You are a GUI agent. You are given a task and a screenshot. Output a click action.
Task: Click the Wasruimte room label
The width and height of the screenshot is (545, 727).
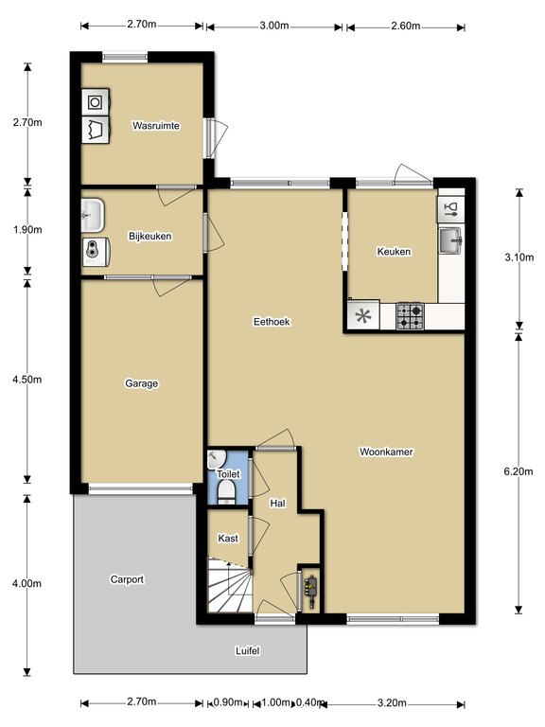[x=156, y=126]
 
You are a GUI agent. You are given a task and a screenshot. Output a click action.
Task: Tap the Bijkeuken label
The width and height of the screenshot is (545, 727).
[x=150, y=236]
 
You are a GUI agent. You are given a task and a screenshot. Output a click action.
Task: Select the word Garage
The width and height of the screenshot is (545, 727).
[x=142, y=383]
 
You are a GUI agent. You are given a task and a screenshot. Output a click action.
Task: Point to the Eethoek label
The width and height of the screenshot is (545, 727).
[x=272, y=321]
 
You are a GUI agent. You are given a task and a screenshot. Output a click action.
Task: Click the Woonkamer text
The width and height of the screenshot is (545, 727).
[x=386, y=452]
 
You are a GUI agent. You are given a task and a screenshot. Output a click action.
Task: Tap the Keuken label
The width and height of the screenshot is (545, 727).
[x=394, y=251]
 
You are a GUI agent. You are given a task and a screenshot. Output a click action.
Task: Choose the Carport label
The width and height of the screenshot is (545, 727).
[x=127, y=579]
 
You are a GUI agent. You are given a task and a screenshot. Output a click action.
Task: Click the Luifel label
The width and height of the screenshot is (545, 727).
[x=248, y=651]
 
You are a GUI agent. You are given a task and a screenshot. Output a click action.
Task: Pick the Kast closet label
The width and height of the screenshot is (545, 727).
[x=228, y=539]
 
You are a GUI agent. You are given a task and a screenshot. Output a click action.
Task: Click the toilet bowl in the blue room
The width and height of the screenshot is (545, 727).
[x=227, y=490]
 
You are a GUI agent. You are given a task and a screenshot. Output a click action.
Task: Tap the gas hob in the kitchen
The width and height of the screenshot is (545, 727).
[x=410, y=317]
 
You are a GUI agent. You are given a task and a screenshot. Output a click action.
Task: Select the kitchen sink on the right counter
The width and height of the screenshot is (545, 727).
[x=450, y=240]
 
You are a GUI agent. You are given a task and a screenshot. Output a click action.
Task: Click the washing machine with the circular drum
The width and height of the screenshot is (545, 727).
[x=96, y=101]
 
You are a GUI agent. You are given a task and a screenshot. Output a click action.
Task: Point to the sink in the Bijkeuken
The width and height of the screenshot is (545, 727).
[x=93, y=215]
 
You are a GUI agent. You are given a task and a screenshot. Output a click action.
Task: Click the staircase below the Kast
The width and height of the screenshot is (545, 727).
[x=230, y=585]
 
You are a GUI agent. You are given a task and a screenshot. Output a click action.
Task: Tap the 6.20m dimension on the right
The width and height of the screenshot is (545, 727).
[x=519, y=471]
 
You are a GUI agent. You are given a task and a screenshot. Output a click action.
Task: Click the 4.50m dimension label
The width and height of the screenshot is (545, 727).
[x=26, y=380]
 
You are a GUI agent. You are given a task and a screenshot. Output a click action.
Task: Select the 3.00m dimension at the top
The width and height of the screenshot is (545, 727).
[x=273, y=26]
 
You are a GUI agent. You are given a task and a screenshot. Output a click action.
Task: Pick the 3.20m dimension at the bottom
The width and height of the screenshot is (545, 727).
[x=392, y=703]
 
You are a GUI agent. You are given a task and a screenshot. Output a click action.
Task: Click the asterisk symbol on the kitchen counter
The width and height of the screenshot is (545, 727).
[x=363, y=317]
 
